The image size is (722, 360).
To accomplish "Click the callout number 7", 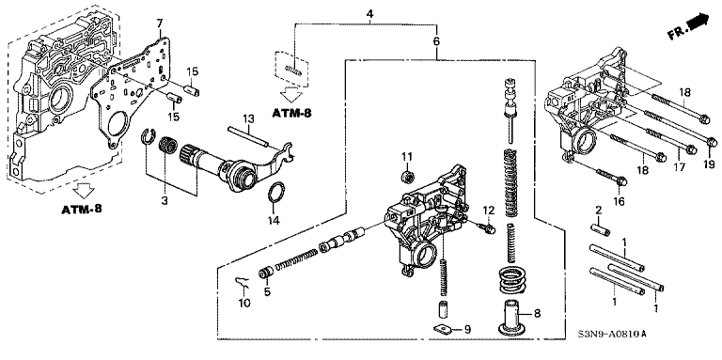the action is point(159,23).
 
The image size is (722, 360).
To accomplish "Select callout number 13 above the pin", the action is point(248,119).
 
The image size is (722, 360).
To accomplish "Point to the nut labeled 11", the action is point(406,176).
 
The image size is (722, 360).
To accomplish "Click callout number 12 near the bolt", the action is point(488,211).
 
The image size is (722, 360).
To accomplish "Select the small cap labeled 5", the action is point(265,274).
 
